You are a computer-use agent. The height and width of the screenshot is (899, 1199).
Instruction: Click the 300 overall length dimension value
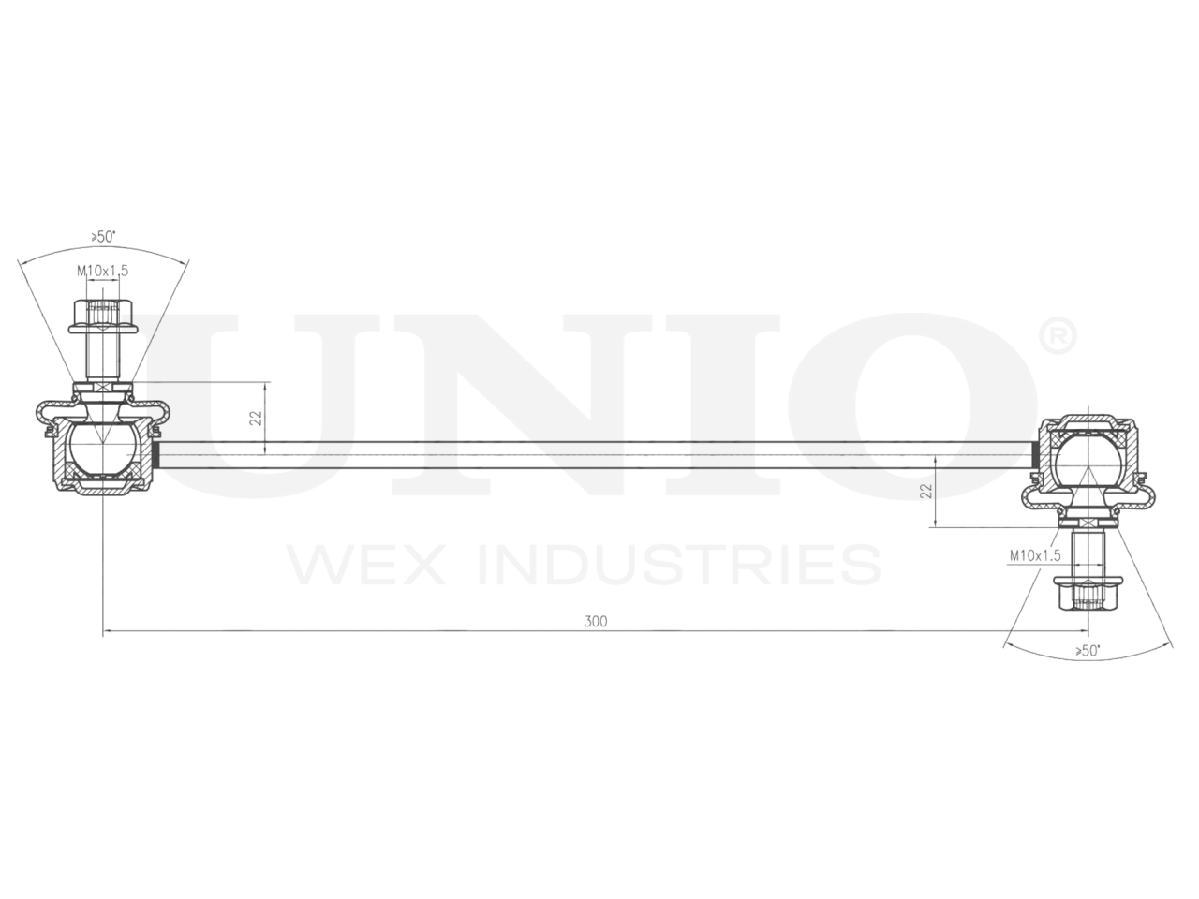click(596, 622)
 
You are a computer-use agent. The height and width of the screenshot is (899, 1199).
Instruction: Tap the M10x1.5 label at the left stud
click(102, 271)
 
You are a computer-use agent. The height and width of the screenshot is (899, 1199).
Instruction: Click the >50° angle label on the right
click(1087, 650)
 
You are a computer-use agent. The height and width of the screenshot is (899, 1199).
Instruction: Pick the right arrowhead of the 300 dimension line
click(1080, 632)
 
